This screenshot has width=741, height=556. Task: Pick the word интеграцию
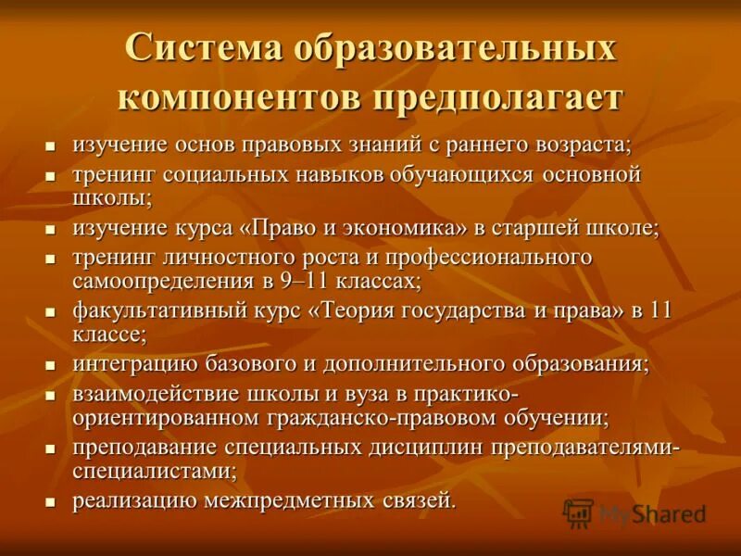pyautogui.click(x=130, y=363)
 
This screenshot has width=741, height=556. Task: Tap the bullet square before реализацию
pyautogui.click(x=52, y=502)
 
